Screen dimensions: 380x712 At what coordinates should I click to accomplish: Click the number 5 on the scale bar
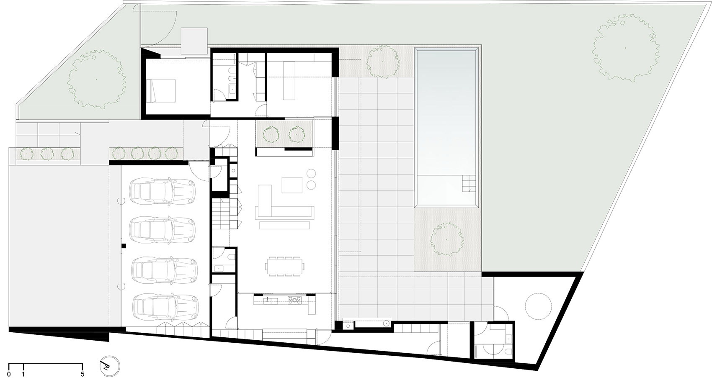(83, 374)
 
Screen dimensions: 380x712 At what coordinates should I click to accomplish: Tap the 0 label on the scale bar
(9, 374)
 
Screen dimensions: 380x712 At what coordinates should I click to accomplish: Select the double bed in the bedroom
(161, 90)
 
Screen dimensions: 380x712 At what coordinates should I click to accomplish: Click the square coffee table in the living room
(292, 185)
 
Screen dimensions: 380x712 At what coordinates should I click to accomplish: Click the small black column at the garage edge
(123, 245)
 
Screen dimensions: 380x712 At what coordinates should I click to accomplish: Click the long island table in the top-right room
(289, 81)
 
